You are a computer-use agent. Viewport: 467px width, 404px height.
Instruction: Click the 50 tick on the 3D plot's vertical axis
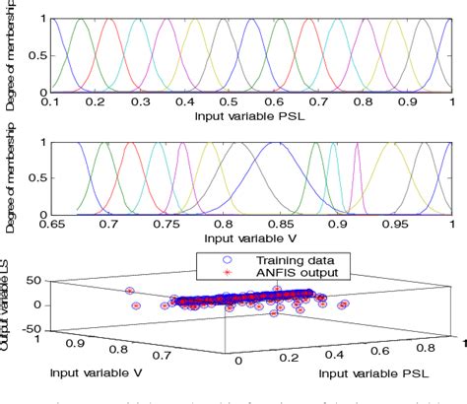(33, 282)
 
